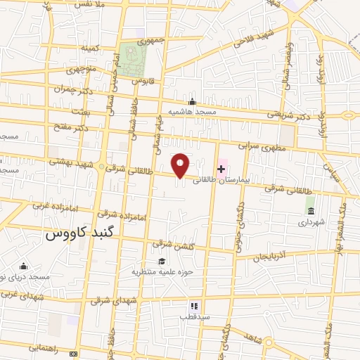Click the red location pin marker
tap(181, 165)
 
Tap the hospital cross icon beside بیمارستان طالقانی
tap(221, 169)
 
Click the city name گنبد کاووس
tap(79, 233)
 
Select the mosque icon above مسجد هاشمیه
tap(192, 101)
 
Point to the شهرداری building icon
tap(310, 210)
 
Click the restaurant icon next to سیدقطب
tap(194, 306)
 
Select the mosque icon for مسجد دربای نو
tap(24, 266)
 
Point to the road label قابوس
tap(143, 82)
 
